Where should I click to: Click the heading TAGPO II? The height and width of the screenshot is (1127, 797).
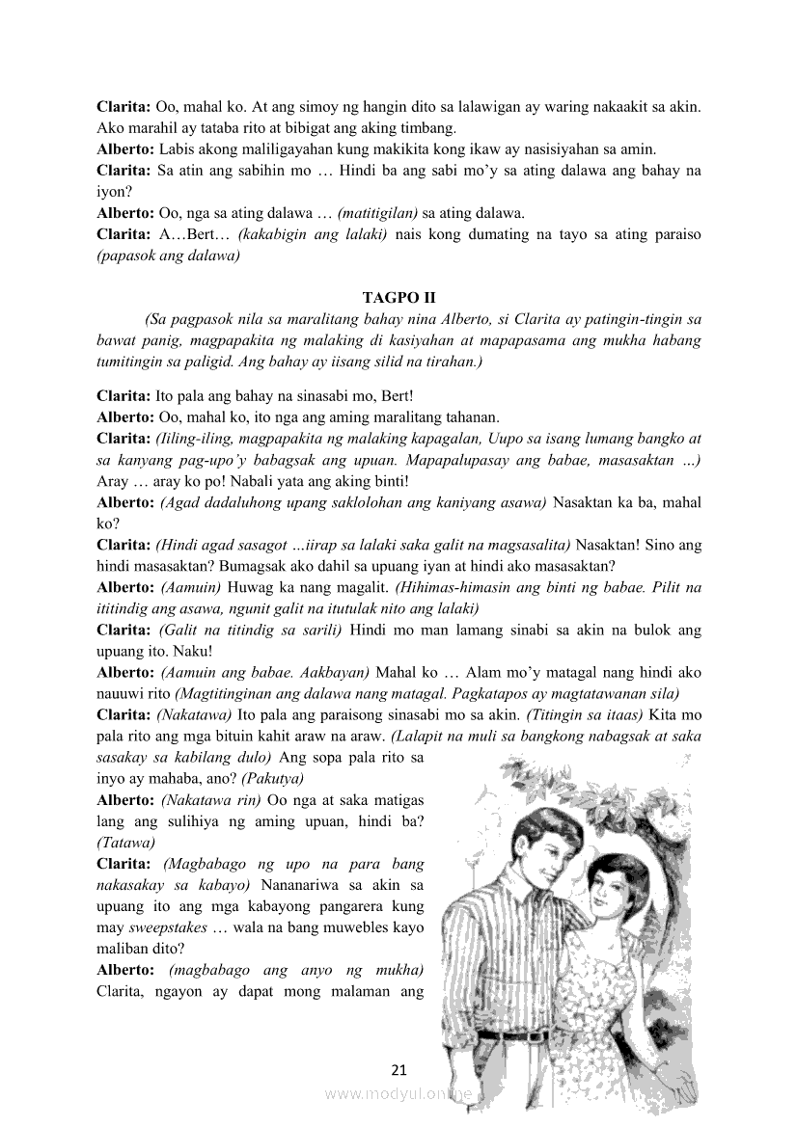(x=398, y=298)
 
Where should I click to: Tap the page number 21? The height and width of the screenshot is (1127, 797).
(x=400, y=1069)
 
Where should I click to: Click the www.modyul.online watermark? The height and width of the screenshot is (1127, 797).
(x=398, y=1094)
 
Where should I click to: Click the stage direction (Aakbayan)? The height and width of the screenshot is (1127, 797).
(x=332, y=672)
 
